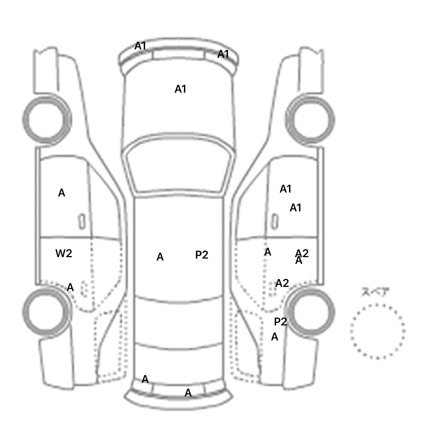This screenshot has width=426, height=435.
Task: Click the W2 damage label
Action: tap(64, 253)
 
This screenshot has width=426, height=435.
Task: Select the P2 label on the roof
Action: tap(202, 255)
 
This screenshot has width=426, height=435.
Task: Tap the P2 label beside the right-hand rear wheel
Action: tap(280, 322)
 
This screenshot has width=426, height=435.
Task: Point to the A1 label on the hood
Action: tap(180, 89)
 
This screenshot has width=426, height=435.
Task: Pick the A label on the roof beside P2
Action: tap(160, 257)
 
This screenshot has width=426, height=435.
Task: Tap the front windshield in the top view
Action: tap(179, 168)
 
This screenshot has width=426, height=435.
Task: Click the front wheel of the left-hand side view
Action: tap(47, 120)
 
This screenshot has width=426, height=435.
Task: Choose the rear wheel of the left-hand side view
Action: tap(46, 311)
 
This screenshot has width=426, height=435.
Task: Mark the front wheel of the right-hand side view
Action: tap(310, 120)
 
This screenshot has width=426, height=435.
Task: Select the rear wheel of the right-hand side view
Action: tap(310, 311)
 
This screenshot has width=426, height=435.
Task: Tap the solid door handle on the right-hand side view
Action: tap(275, 222)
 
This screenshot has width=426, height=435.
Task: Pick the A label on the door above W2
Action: tap(62, 193)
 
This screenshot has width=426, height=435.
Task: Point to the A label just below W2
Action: tap(70, 287)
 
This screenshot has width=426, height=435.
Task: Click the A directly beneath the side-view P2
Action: tap(275, 337)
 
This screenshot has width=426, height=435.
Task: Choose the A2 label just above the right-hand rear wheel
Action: tap(282, 283)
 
